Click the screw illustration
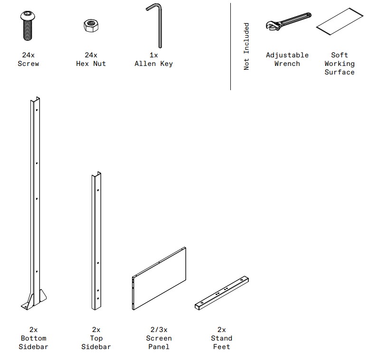pos(28,26)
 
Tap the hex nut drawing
pos(91,26)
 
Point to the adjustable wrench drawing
pos(288,22)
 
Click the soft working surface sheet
pos(340,21)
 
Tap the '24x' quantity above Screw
pos(28,55)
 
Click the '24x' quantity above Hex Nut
pos(91,55)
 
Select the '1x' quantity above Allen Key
pos(153,55)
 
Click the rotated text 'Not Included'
pos(246,46)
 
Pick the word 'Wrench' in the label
pos(287,64)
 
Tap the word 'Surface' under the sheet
pos(340,72)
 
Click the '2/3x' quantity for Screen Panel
pos(159,330)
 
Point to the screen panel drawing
pos(159,278)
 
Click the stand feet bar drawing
pos(222,293)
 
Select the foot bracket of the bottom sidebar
pos(34,300)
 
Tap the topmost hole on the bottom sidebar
pos(37,110)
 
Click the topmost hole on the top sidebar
pos(98,190)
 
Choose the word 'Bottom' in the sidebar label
pos(34,338)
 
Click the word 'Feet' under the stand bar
pos(222,347)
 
